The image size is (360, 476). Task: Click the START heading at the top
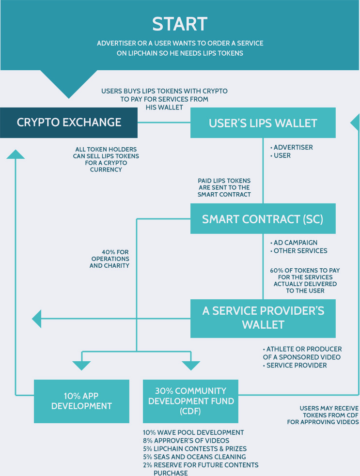[x=180, y=24]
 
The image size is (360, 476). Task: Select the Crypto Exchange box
[x=69, y=123]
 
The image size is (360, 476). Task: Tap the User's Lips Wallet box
[x=263, y=123]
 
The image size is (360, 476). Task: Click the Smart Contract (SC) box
[x=263, y=219]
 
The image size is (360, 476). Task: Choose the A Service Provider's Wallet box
[x=263, y=318]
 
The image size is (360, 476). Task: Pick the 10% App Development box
[x=81, y=401]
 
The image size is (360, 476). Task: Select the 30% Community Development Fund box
[x=190, y=401]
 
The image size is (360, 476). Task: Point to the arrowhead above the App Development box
[x=81, y=365]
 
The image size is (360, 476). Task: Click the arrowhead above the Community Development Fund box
[x=190, y=365]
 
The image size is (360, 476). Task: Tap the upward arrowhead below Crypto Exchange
[x=16, y=154]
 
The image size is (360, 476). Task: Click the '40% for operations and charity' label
[x=110, y=259]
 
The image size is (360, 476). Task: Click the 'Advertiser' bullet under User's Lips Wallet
[x=293, y=147]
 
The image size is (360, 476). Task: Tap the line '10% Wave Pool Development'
[x=193, y=432]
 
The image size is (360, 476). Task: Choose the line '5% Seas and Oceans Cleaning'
[x=194, y=457]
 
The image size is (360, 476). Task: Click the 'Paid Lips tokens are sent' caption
[x=224, y=187]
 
